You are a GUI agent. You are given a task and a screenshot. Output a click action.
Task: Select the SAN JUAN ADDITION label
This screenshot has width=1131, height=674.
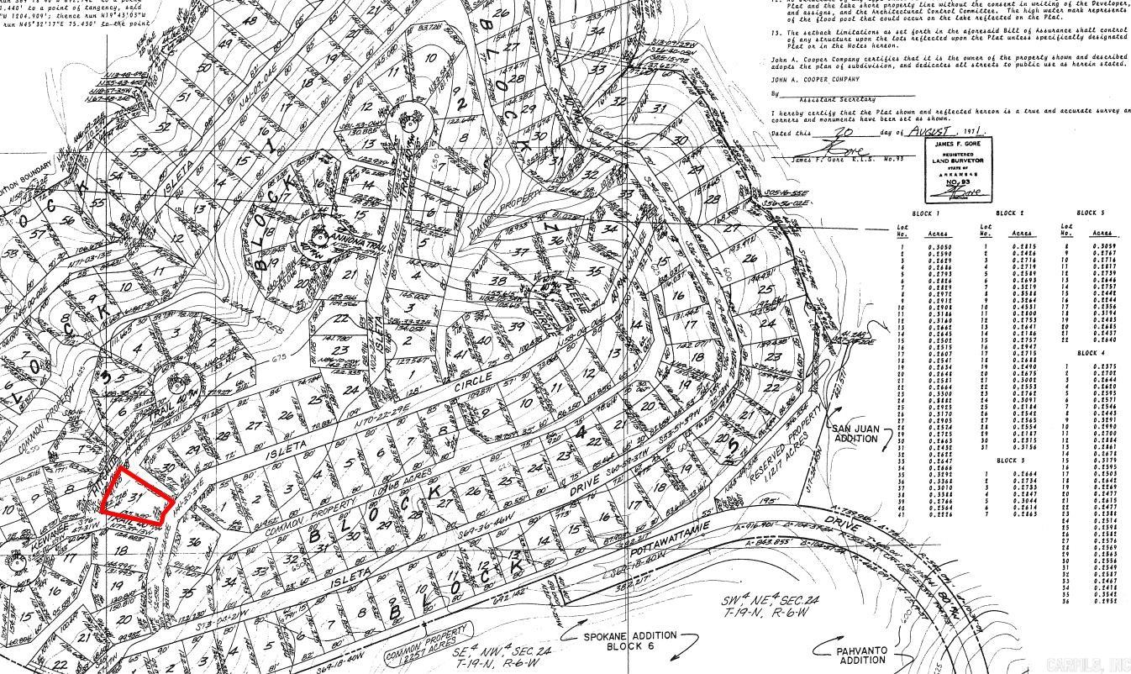[855, 434]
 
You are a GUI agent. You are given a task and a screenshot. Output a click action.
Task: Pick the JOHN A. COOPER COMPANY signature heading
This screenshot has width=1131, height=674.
[815, 79]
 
